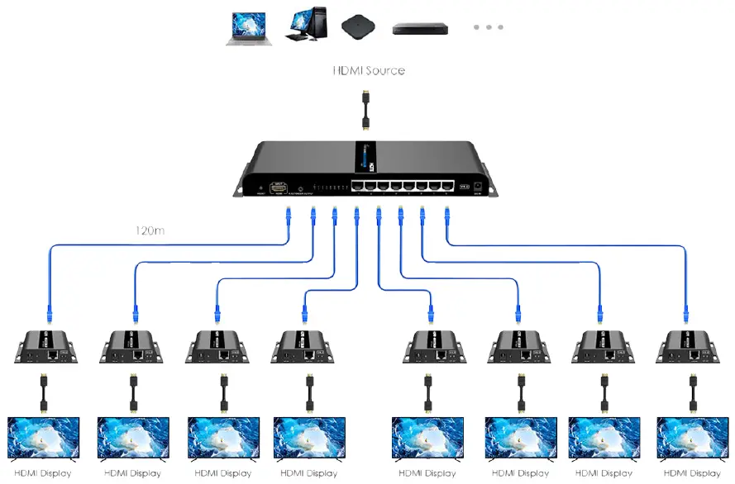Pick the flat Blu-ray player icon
[x=418, y=28]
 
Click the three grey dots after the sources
[x=488, y=27]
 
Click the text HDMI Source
[x=369, y=70]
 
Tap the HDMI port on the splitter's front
[x=279, y=188]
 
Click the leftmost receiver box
[x=45, y=346]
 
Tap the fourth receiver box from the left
[x=303, y=346]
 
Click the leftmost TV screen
[x=44, y=438]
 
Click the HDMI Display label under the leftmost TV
[x=43, y=473]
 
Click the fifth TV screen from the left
[x=427, y=438]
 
